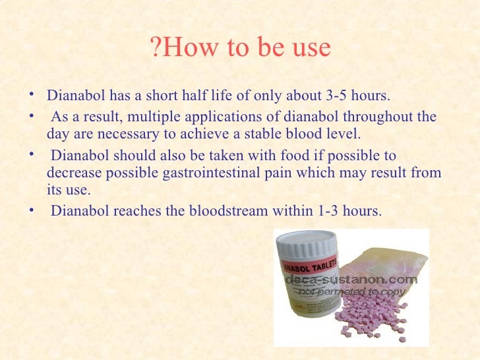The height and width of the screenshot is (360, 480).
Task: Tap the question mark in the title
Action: coord(156,49)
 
